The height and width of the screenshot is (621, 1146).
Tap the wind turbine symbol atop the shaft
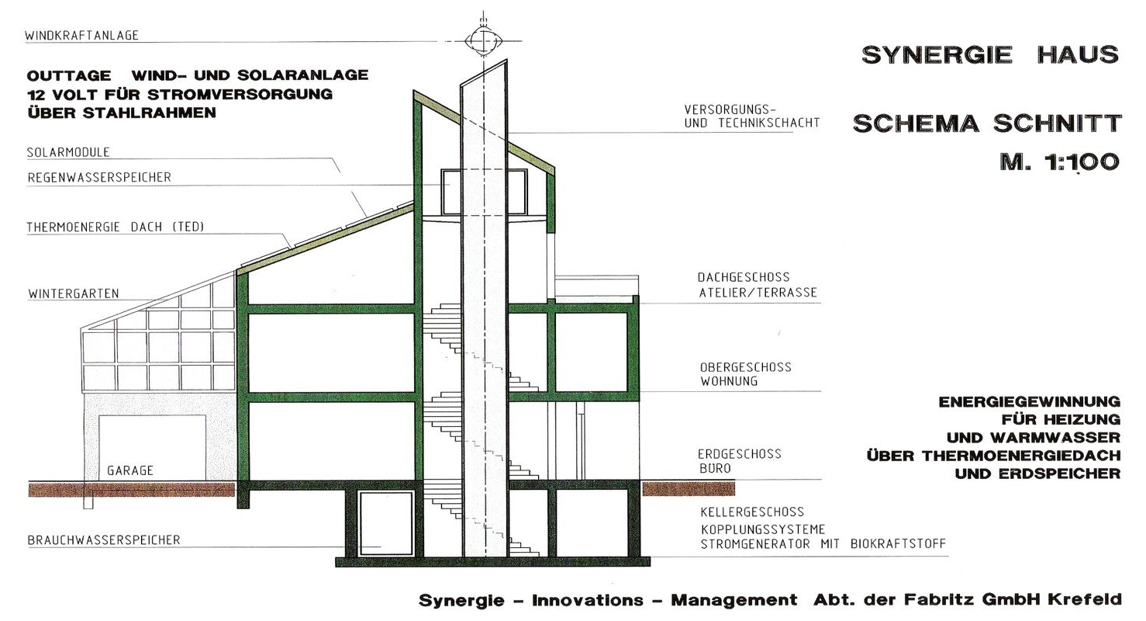click(481, 40)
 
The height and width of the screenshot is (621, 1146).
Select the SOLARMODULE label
click(68, 152)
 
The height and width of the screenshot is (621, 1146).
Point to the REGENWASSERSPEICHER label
click(99, 177)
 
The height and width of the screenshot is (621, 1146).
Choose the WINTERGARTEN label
click(73, 293)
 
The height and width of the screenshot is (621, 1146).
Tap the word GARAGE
click(130, 470)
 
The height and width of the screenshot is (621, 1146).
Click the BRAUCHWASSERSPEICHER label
click(104, 539)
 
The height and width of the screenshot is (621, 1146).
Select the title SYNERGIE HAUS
click(990, 54)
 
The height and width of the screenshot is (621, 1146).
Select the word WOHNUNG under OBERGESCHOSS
click(729, 382)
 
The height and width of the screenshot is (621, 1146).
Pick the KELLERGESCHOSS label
click(752, 512)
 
